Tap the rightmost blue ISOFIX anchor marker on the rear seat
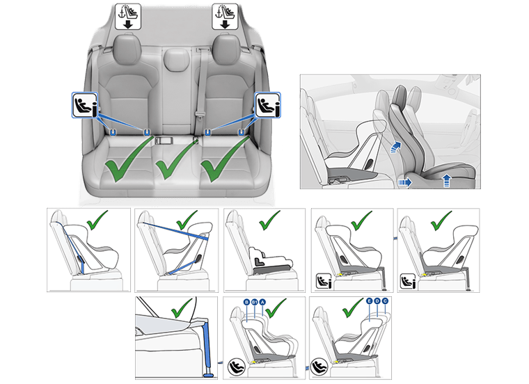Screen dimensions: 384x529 (x=241, y=130)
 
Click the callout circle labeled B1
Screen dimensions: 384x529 (x=254, y=302)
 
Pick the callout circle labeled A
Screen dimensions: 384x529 (x=262, y=302)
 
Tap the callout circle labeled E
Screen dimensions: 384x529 (x=368, y=302)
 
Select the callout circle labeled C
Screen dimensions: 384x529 (x=385, y=302)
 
